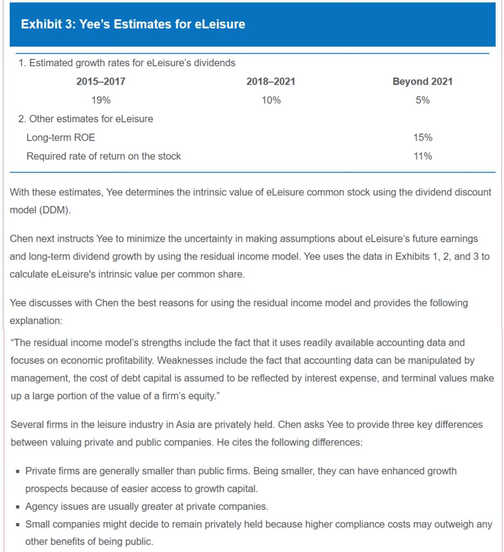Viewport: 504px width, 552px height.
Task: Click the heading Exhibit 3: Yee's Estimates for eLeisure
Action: (x=132, y=24)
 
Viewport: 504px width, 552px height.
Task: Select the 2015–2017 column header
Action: (x=101, y=81)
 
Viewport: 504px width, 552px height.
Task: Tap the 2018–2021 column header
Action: (x=270, y=81)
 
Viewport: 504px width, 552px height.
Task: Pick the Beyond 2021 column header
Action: (x=422, y=81)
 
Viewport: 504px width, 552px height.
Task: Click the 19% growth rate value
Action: (x=101, y=100)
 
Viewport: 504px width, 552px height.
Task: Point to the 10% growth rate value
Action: (x=270, y=100)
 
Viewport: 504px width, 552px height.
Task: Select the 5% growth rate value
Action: (x=422, y=100)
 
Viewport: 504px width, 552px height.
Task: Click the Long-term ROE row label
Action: (x=60, y=137)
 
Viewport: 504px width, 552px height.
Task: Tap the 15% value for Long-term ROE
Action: (x=422, y=137)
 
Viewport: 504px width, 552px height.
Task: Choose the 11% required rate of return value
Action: (x=422, y=156)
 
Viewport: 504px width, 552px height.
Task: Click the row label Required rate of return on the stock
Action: (x=103, y=156)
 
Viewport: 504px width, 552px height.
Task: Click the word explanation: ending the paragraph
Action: (x=36, y=320)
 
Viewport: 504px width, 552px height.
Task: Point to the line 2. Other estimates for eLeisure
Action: (x=86, y=119)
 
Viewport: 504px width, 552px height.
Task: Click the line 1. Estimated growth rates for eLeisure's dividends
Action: (x=127, y=63)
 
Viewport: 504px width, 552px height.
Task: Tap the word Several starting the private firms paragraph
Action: (x=27, y=425)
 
